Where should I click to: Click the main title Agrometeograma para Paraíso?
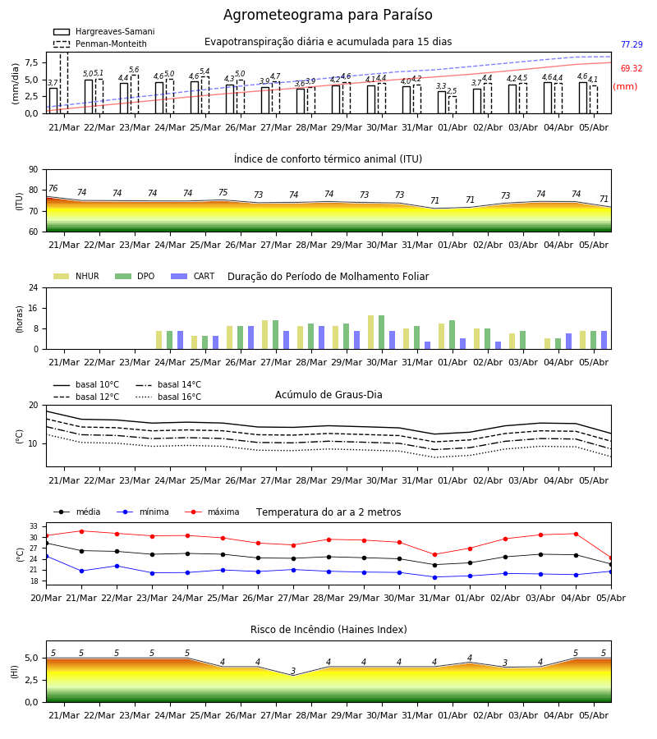(328, 15)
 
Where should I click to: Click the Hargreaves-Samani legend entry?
(103, 31)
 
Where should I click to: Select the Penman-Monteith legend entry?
(100, 44)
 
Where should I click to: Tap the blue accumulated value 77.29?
(632, 45)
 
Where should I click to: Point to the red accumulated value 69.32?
(632, 68)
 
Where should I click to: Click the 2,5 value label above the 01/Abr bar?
(452, 91)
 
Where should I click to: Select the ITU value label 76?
(53, 189)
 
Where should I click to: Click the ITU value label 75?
(223, 192)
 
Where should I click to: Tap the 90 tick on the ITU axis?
(34, 170)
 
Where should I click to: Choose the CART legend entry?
(193, 276)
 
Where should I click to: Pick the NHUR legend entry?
(76, 276)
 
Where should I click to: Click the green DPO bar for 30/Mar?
(381, 333)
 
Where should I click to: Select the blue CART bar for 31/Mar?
(428, 346)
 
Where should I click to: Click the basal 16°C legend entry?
(168, 397)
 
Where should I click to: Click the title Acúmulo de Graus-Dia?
(328, 394)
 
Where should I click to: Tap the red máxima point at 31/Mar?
(434, 555)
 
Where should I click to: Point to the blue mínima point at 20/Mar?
(46, 557)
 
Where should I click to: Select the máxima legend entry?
(213, 512)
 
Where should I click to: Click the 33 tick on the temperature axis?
(34, 526)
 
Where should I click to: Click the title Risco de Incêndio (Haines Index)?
(328, 630)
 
